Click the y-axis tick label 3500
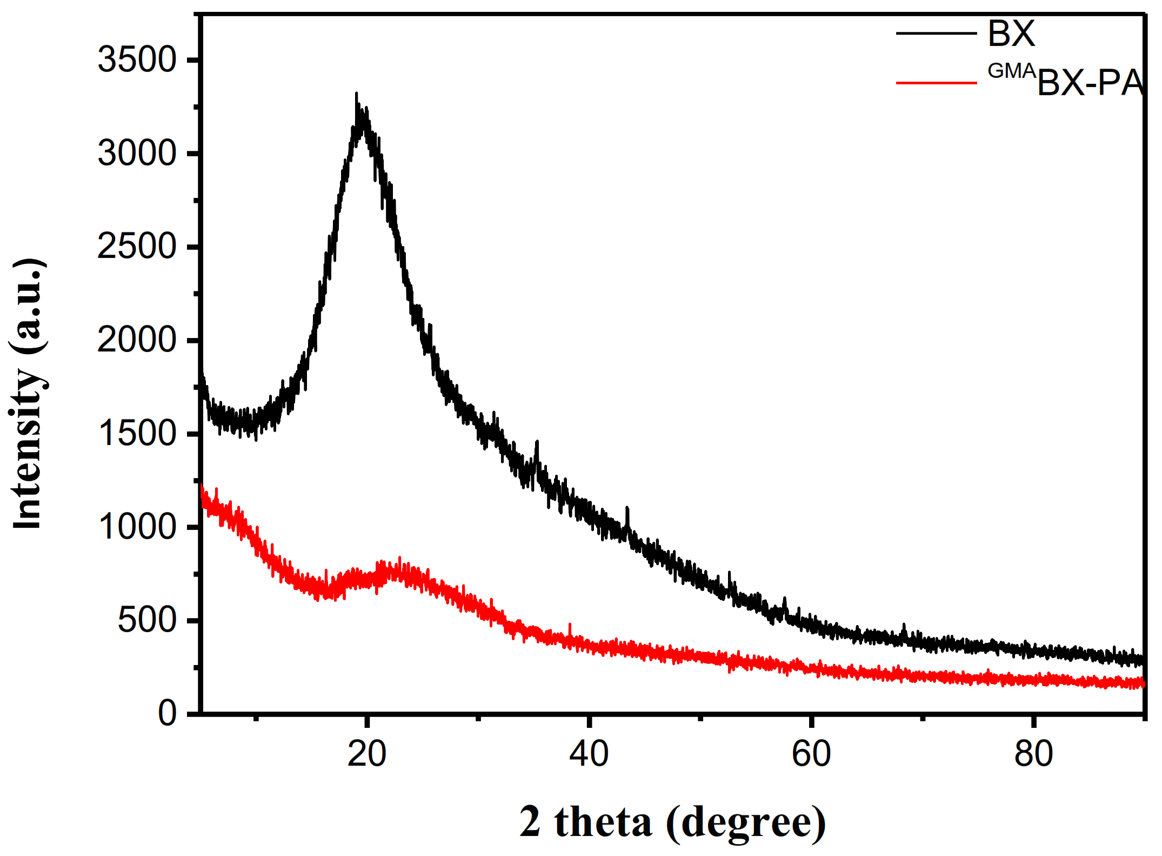137,59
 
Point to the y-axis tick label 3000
137,153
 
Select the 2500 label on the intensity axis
137,247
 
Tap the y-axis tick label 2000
137,340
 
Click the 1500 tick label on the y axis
137,434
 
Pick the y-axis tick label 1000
137,527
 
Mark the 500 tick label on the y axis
147,620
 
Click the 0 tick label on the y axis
167,713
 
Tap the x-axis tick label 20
366,754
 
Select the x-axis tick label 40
589,754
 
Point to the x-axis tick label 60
811,754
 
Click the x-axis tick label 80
1033,754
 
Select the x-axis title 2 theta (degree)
672,822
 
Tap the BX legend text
1011,34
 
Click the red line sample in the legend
936,83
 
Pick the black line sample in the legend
936,34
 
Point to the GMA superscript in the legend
1012,71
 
